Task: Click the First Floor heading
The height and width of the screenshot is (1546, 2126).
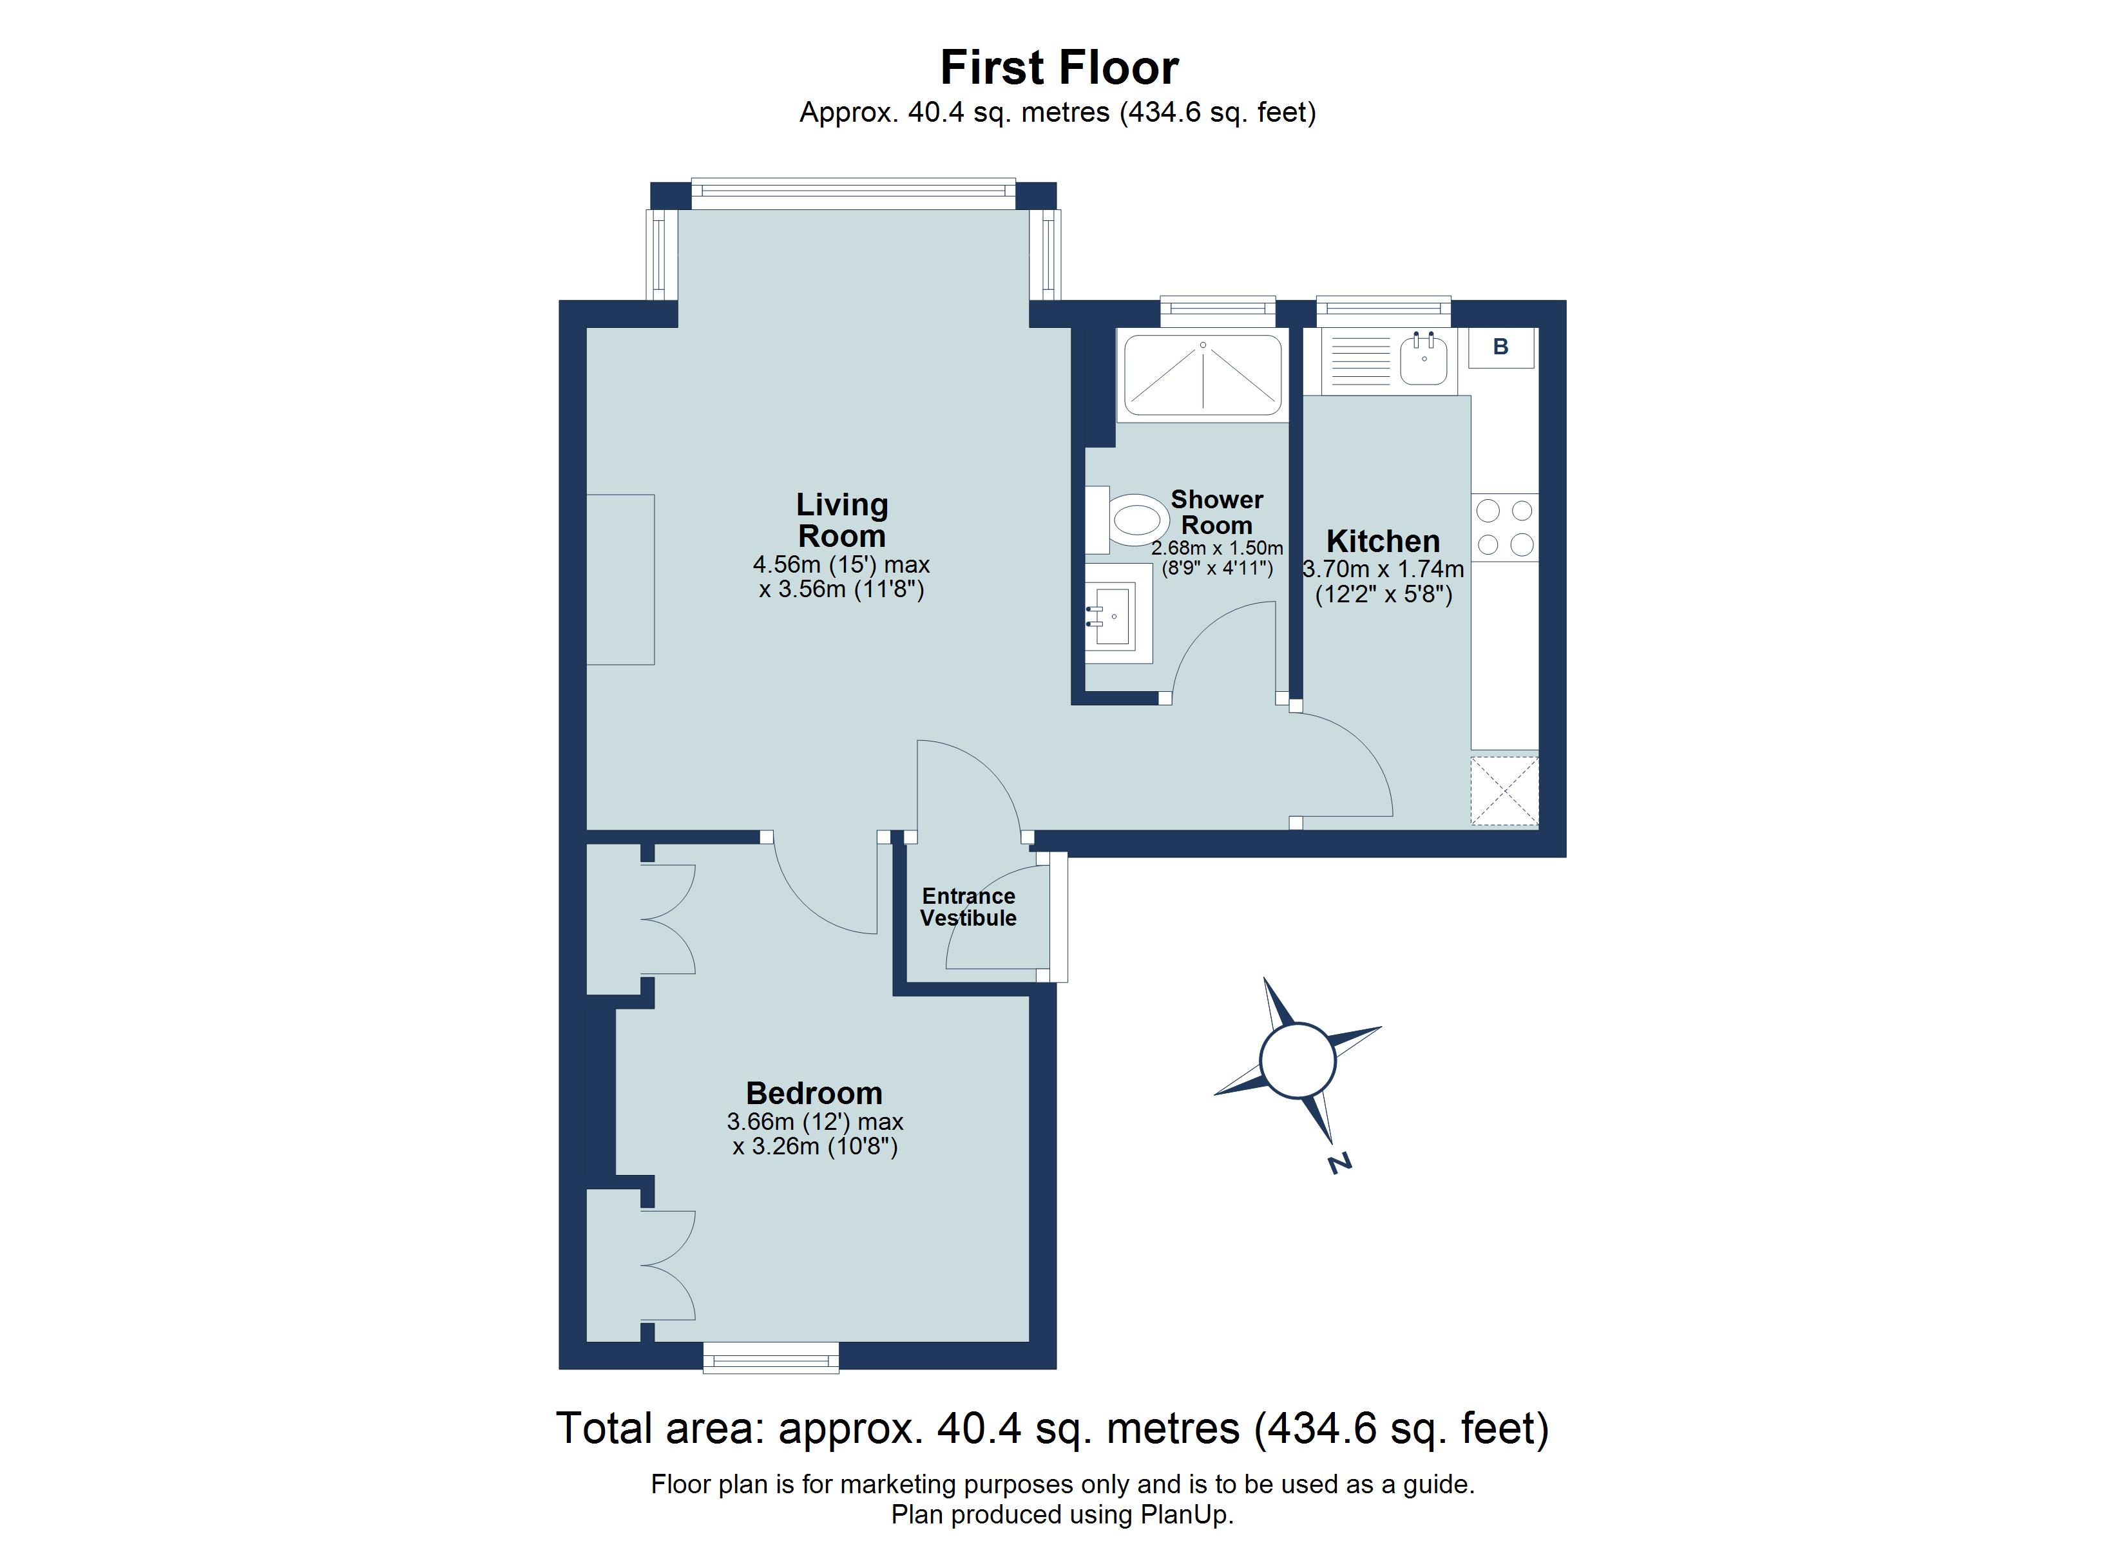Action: click(1058, 68)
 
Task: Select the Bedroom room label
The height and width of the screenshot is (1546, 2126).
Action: click(814, 1093)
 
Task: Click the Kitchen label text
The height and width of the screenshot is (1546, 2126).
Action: click(1383, 541)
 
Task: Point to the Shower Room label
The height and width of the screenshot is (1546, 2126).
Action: click(1217, 512)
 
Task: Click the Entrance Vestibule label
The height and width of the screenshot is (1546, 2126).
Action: click(968, 906)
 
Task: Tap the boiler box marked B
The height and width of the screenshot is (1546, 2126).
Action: click(1500, 347)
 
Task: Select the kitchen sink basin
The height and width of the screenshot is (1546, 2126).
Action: click(1423, 361)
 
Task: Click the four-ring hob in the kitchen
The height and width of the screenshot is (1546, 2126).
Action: click(1504, 527)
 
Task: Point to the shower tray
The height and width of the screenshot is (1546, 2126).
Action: click(1203, 375)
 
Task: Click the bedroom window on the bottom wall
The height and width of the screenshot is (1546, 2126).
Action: click(771, 1357)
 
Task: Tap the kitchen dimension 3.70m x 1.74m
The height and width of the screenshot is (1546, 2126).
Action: click(1383, 569)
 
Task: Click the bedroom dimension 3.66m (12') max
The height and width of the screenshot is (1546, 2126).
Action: click(814, 1121)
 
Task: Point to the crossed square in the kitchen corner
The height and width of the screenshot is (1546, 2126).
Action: click(1504, 790)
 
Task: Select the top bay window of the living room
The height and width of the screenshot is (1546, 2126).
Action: click(853, 194)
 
